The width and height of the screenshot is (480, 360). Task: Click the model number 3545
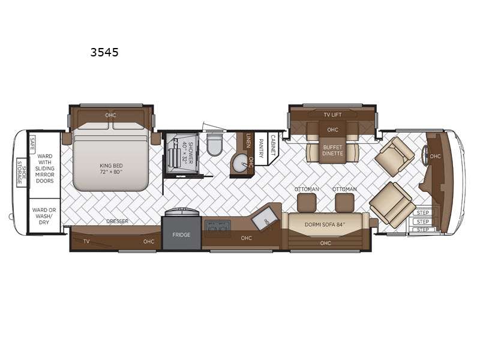[104, 52]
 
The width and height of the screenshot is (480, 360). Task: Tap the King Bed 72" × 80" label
[111, 169]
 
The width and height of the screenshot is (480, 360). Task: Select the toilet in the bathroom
[214, 144]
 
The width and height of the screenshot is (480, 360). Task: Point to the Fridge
[182, 233]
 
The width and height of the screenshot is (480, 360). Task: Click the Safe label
[32, 143]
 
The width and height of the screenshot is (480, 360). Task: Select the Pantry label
[261, 149]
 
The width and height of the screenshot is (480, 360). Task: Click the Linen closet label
[248, 140]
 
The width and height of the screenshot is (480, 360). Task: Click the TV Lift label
[332, 115]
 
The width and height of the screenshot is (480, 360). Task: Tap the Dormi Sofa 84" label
[325, 224]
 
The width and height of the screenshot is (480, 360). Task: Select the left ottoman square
[307, 202]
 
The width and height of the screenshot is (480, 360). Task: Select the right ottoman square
[344, 202]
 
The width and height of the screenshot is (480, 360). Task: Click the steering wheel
[425, 156]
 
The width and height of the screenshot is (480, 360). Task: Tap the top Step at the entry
[423, 212]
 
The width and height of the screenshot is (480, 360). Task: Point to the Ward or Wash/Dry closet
[44, 216]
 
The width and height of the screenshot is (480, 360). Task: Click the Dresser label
[117, 221]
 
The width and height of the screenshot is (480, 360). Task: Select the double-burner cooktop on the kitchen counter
[218, 226]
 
